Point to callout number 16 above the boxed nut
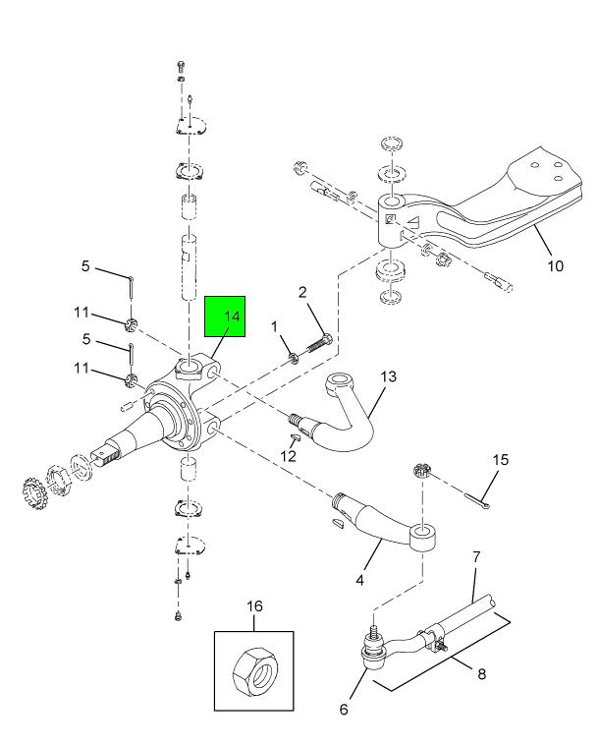point(254,606)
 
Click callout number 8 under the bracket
point(481,676)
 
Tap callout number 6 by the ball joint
point(344,709)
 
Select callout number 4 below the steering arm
point(360,581)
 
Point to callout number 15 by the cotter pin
point(501,459)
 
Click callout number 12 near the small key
point(287,455)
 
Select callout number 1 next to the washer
point(275,326)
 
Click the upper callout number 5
point(85,266)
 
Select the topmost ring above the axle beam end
point(391,146)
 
